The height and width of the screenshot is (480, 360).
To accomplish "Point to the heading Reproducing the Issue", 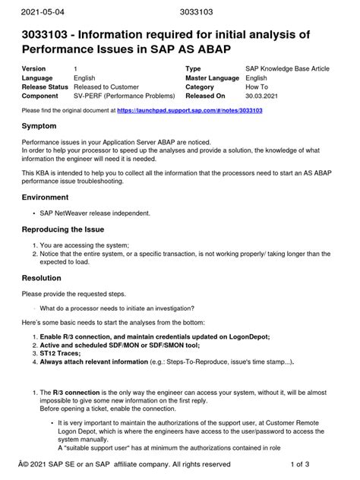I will coord(68,229).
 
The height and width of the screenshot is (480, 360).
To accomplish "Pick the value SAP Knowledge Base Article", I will coord(287,69).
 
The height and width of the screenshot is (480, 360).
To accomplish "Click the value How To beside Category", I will coord(258,87).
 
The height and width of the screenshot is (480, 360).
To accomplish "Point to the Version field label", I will coord(36,69).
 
